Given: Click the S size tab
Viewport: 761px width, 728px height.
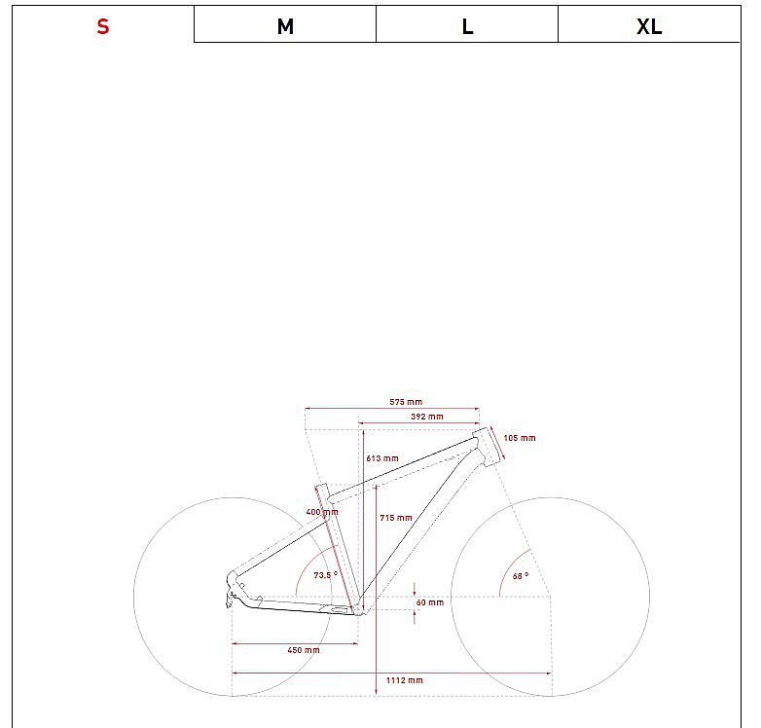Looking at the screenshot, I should point(102,26).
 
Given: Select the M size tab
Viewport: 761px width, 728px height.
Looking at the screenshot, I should point(285,26).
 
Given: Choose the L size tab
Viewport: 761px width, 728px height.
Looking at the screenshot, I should point(467,26).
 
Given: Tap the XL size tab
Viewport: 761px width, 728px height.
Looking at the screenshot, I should point(649,26).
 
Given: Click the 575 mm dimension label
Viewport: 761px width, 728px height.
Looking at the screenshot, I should point(406,402).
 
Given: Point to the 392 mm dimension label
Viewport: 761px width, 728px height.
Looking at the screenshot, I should point(427,417).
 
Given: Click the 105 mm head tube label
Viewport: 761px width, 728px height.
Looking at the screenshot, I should point(520,438).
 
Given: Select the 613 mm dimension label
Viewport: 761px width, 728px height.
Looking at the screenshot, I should point(382,458).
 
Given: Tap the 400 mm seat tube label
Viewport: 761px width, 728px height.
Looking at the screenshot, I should point(322,512).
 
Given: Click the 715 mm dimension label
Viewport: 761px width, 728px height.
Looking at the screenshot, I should point(396,518).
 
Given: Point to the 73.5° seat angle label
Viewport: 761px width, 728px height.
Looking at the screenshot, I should point(325,575).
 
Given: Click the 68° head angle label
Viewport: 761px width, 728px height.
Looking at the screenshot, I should point(521,576).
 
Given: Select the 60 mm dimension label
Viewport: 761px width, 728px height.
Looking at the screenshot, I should point(429,602).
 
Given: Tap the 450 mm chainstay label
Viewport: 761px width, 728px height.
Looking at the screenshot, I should point(305,650).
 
